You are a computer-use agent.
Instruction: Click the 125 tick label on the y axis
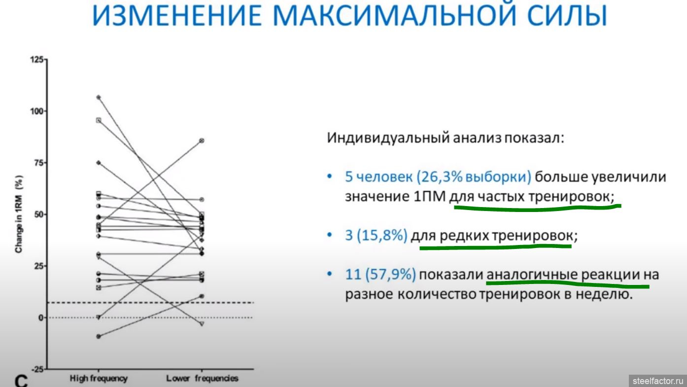[37, 59]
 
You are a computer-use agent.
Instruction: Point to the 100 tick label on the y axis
[37, 111]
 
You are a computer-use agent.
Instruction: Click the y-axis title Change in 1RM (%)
[19, 214]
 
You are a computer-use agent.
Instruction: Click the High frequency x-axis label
[99, 379]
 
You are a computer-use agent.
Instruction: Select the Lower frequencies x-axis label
[202, 379]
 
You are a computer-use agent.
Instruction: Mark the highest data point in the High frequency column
[99, 97]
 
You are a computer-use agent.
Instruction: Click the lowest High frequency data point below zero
[99, 337]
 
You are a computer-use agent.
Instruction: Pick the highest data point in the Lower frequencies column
[202, 141]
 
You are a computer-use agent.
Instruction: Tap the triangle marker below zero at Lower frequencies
[202, 324]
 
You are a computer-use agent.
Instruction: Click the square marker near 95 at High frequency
[99, 120]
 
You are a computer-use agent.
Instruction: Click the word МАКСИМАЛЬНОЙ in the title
[395, 15]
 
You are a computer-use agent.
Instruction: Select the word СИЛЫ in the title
[567, 15]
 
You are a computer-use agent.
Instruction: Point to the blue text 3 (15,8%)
[377, 235]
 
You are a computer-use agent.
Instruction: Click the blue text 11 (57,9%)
[380, 275]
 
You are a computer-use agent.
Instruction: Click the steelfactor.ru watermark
[657, 381]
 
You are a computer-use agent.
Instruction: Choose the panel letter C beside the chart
[21, 381]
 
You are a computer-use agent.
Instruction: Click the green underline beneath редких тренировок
[495, 247]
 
